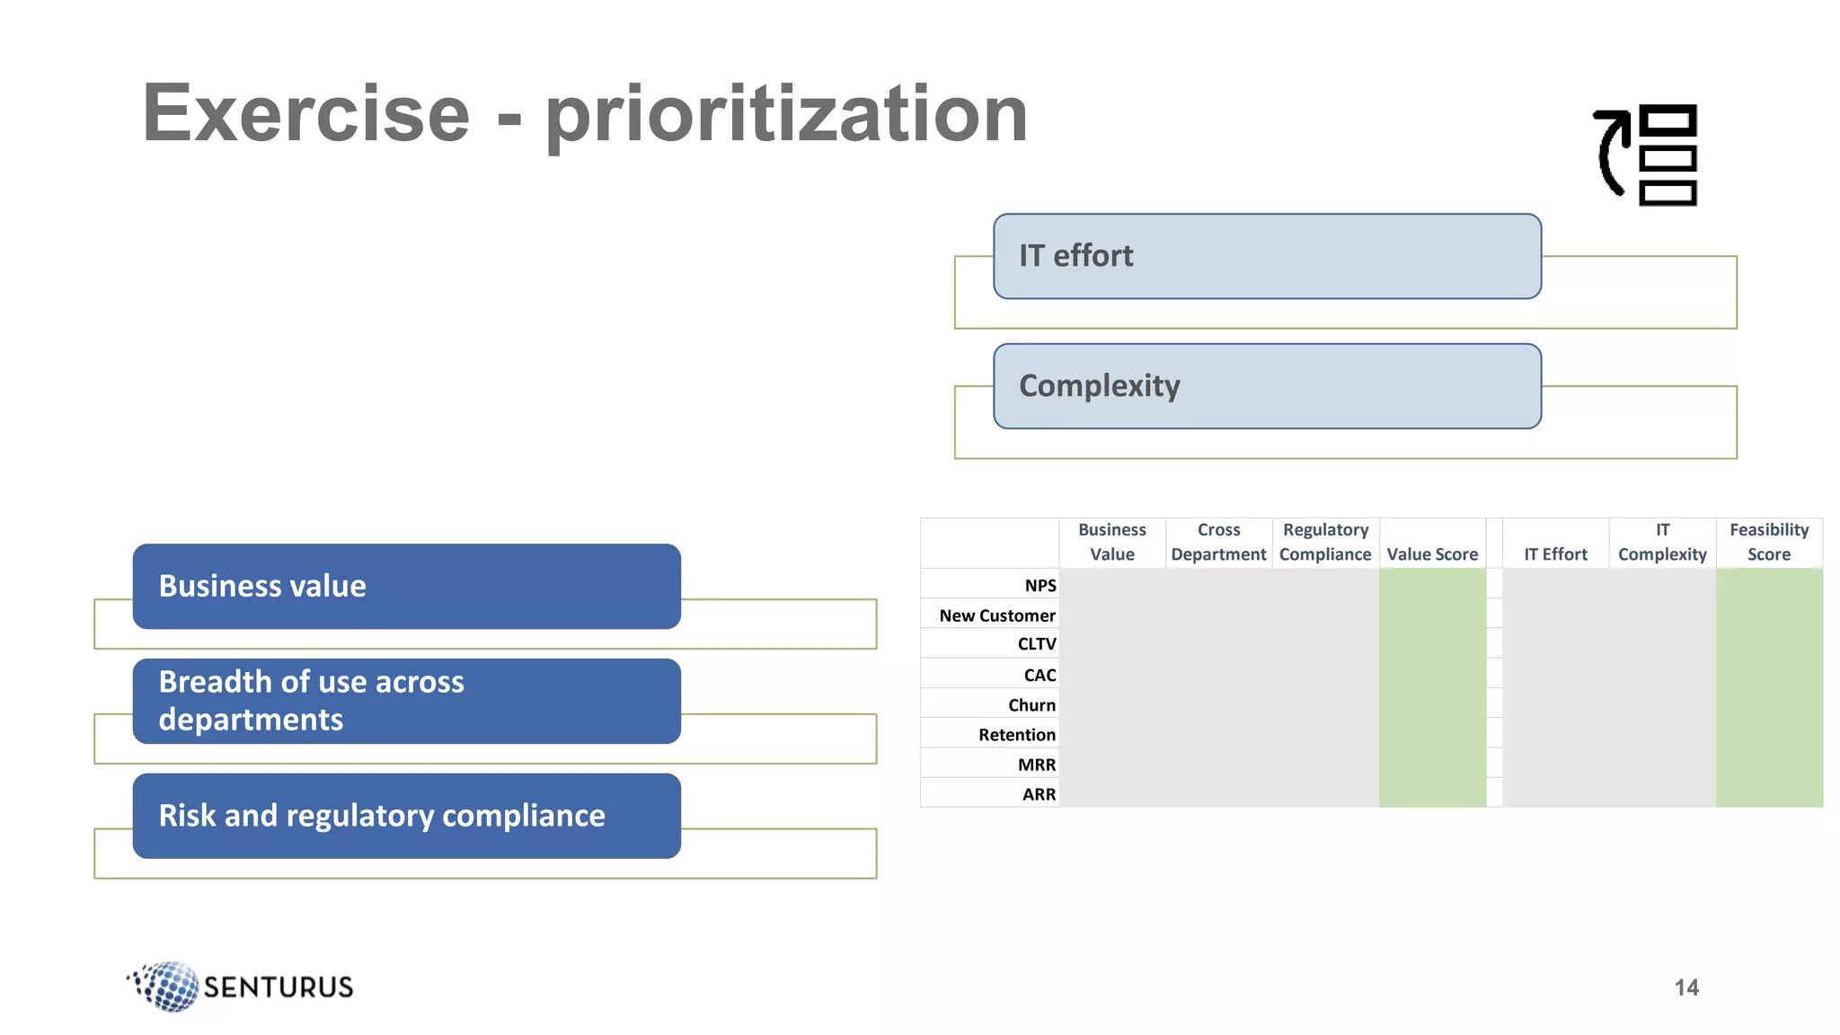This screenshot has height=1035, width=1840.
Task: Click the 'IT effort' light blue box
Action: tap(1267, 256)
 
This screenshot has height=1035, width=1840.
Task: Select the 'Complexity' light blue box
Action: tap(1267, 386)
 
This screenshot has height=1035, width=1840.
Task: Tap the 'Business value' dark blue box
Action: tap(406, 586)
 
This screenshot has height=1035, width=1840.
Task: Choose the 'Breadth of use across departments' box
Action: tap(406, 701)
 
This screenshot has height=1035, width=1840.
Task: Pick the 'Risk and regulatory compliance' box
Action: tap(406, 816)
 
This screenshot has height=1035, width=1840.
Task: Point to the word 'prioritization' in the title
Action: tap(786, 115)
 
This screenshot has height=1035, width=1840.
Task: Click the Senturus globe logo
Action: tap(166, 986)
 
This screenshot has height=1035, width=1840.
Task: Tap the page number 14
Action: tap(1686, 987)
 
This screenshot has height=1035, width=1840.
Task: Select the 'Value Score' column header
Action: tap(1432, 554)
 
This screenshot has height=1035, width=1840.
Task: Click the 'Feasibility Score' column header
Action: tap(1768, 542)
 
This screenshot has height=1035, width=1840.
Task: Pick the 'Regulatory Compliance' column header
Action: tap(1325, 542)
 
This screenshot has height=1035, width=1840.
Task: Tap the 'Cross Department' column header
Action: tap(1218, 542)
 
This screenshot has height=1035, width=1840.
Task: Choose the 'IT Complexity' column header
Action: tap(1662, 542)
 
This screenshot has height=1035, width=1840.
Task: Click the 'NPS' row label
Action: tap(1039, 585)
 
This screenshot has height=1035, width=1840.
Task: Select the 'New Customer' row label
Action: tap(996, 615)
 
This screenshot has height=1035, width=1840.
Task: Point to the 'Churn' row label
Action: tap(1031, 704)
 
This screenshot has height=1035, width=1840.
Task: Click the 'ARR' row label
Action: tap(1039, 794)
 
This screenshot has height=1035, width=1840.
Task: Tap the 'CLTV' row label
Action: tap(1036, 643)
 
